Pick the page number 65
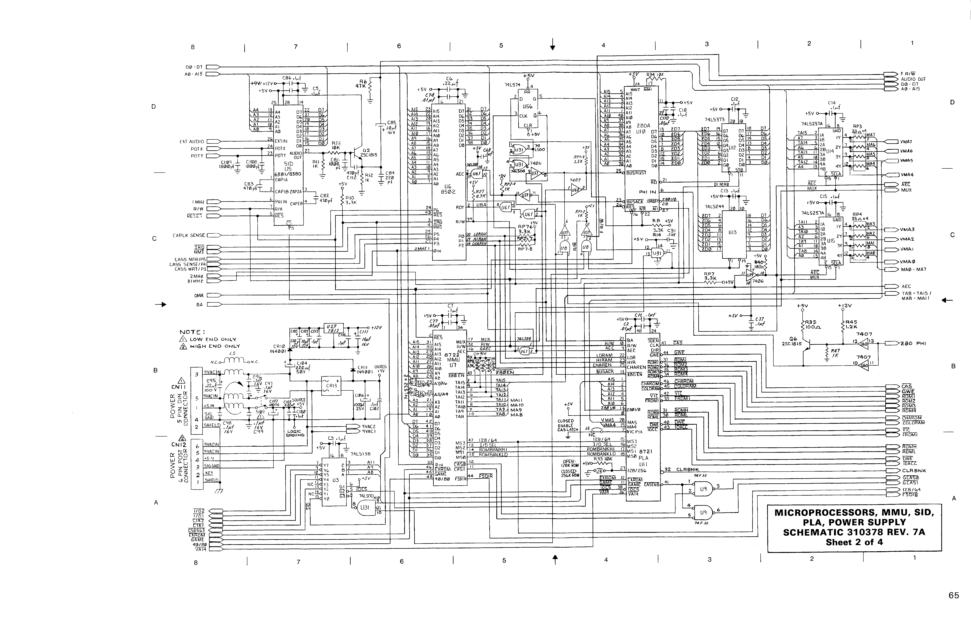tap(953, 595)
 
